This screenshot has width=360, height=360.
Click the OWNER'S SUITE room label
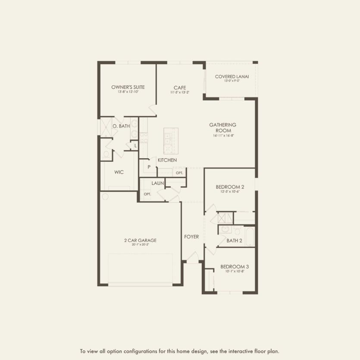coord(128,87)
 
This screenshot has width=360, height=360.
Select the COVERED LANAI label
coord(232,77)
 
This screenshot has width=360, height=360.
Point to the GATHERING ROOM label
coord(223,128)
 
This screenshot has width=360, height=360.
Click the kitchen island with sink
coord(170,140)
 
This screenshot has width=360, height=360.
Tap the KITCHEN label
coord(167,160)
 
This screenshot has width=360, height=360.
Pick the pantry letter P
coord(149,166)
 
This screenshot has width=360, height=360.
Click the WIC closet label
coord(119,172)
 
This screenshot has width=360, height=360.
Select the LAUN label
coord(157,183)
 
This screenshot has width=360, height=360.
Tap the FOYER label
coord(191,237)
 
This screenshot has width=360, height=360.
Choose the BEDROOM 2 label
coord(230,187)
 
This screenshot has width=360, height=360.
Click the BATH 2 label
coord(234,241)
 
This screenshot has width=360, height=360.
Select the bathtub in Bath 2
coord(250,236)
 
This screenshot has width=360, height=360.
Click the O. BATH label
coord(121,126)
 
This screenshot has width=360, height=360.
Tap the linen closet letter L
coord(135,146)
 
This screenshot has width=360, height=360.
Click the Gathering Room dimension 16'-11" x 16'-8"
coord(223,136)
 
